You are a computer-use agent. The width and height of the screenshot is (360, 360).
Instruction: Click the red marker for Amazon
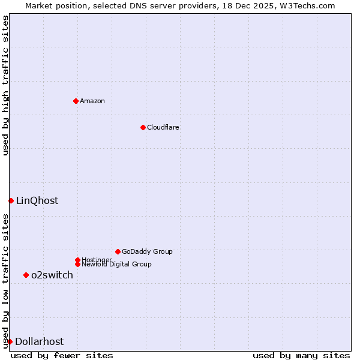76,101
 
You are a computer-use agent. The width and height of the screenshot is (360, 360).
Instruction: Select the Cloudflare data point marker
143,127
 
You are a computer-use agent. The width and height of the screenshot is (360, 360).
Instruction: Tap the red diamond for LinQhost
11,200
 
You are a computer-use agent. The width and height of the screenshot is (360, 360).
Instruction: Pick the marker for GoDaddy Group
118,251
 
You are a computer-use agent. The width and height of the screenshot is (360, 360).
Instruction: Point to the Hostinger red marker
77,260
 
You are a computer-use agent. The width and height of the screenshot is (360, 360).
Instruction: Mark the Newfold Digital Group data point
77,264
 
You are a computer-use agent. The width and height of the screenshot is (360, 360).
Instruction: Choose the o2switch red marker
26,275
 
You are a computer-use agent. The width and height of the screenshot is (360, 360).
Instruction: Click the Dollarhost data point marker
10,341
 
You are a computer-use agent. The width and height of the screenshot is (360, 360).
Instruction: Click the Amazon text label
92,101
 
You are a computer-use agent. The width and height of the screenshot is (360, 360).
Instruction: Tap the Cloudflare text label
163,127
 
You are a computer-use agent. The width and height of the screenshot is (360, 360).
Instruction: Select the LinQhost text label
37,201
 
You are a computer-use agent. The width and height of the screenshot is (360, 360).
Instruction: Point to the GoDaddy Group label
147,251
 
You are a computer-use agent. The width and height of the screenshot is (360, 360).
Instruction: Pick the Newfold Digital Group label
117,265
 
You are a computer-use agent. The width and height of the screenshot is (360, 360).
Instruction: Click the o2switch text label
52,275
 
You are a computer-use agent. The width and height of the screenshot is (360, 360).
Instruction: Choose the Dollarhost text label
39,342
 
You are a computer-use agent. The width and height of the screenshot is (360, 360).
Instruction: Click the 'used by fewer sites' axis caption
62,355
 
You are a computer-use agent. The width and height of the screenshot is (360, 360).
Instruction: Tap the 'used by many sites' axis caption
301,355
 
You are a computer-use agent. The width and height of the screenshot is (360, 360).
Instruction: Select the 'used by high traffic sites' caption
5,86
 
